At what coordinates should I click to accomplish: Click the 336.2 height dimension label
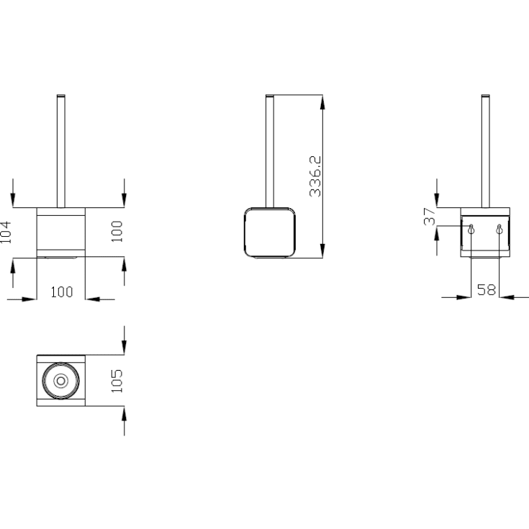click(315, 176)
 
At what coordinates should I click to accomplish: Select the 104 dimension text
click(6, 232)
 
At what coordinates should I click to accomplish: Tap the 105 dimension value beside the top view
click(117, 381)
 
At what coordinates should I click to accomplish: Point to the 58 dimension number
click(486, 290)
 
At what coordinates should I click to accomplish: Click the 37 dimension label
click(430, 216)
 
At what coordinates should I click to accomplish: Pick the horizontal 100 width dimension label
click(61, 292)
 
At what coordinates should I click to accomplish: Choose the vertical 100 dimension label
click(117, 232)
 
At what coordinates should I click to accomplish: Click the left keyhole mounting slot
click(471, 229)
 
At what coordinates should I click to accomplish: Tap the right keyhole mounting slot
click(499, 229)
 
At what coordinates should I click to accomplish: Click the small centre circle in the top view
click(60, 381)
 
